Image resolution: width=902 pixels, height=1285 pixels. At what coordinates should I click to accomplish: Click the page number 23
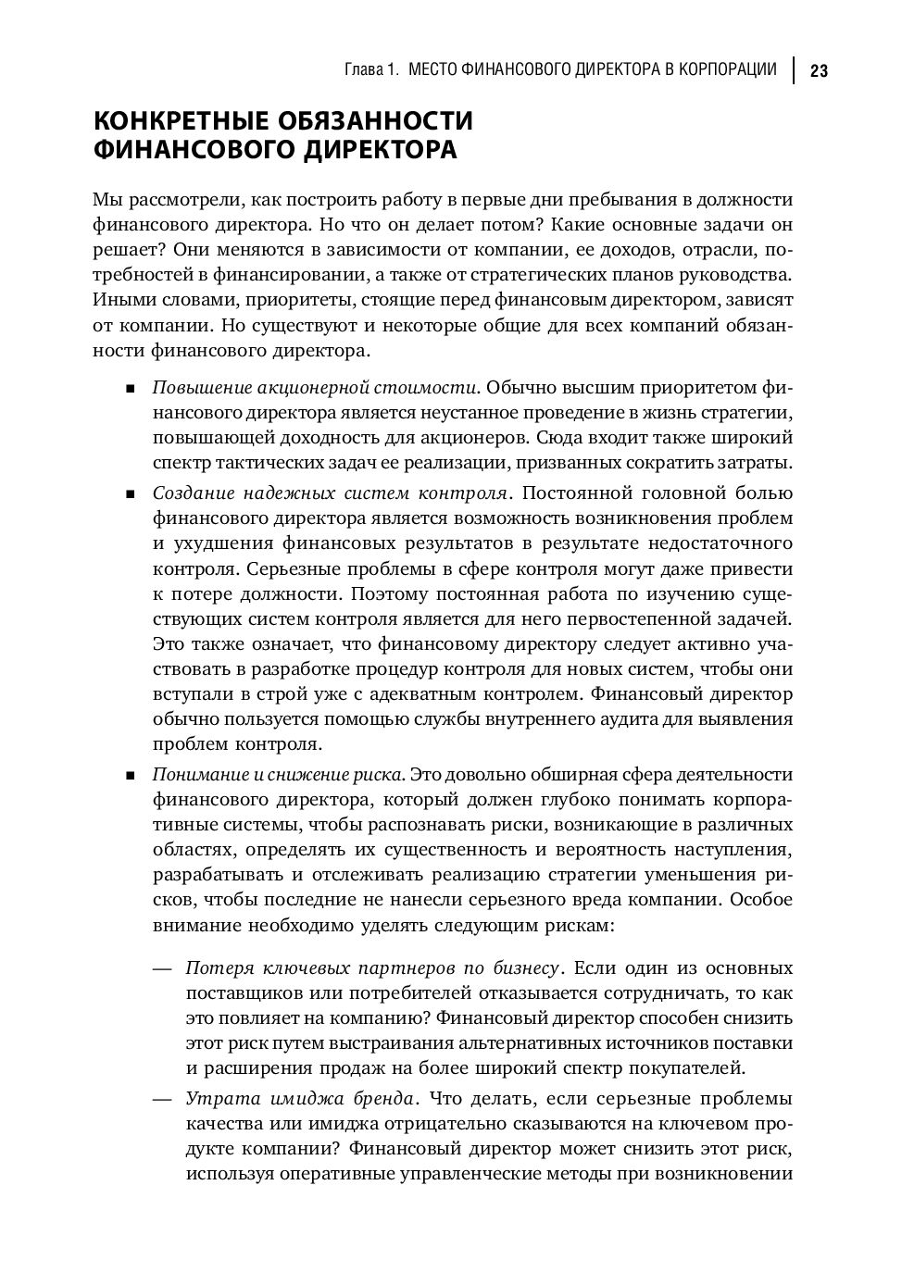click(x=819, y=71)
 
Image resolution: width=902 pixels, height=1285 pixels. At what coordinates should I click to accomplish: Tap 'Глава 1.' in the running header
click(x=371, y=70)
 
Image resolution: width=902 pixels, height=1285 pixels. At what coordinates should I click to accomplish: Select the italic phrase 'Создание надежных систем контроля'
click(x=330, y=493)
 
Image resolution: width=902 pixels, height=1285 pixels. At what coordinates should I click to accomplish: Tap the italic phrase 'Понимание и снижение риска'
click(x=278, y=774)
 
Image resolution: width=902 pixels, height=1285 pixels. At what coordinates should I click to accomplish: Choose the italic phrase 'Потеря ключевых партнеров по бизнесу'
click(x=372, y=968)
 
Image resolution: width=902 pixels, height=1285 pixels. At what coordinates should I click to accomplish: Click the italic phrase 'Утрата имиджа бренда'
click(x=300, y=1100)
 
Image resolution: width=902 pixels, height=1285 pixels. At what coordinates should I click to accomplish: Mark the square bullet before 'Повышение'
click(x=131, y=388)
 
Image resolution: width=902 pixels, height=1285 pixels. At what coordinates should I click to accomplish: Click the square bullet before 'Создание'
click(x=131, y=493)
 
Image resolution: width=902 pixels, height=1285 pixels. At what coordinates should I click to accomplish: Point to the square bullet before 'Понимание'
click(x=131, y=775)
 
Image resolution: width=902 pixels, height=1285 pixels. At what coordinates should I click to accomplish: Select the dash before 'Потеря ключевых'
click(x=163, y=968)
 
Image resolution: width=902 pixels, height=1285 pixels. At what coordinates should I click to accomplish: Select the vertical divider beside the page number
click(x=794, y=70)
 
